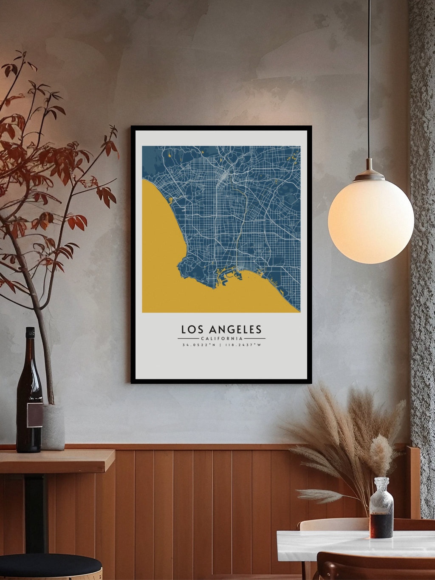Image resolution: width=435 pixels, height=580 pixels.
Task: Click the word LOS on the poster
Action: pos(190,329)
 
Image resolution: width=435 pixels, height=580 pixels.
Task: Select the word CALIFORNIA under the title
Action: pos(221,339)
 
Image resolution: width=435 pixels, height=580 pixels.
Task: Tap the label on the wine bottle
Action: pos(34,415)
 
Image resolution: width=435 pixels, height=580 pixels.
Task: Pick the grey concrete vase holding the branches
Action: pos(53,427)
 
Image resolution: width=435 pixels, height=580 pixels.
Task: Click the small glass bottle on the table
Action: pos(381,510)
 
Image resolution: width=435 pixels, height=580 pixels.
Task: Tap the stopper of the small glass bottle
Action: pos(381,484)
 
